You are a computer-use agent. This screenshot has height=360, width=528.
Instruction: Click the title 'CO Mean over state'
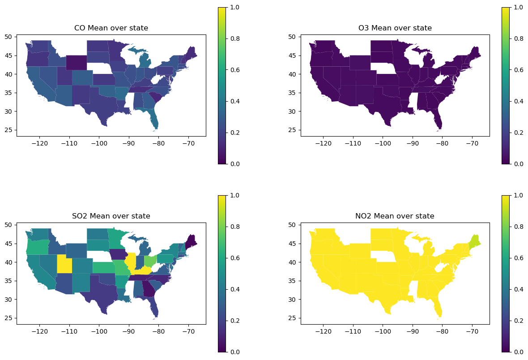111,28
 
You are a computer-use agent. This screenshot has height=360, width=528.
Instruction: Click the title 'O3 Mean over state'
395,28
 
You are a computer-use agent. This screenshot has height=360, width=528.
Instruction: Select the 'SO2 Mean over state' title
111,216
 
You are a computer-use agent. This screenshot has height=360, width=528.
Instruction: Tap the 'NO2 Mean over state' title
395,216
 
